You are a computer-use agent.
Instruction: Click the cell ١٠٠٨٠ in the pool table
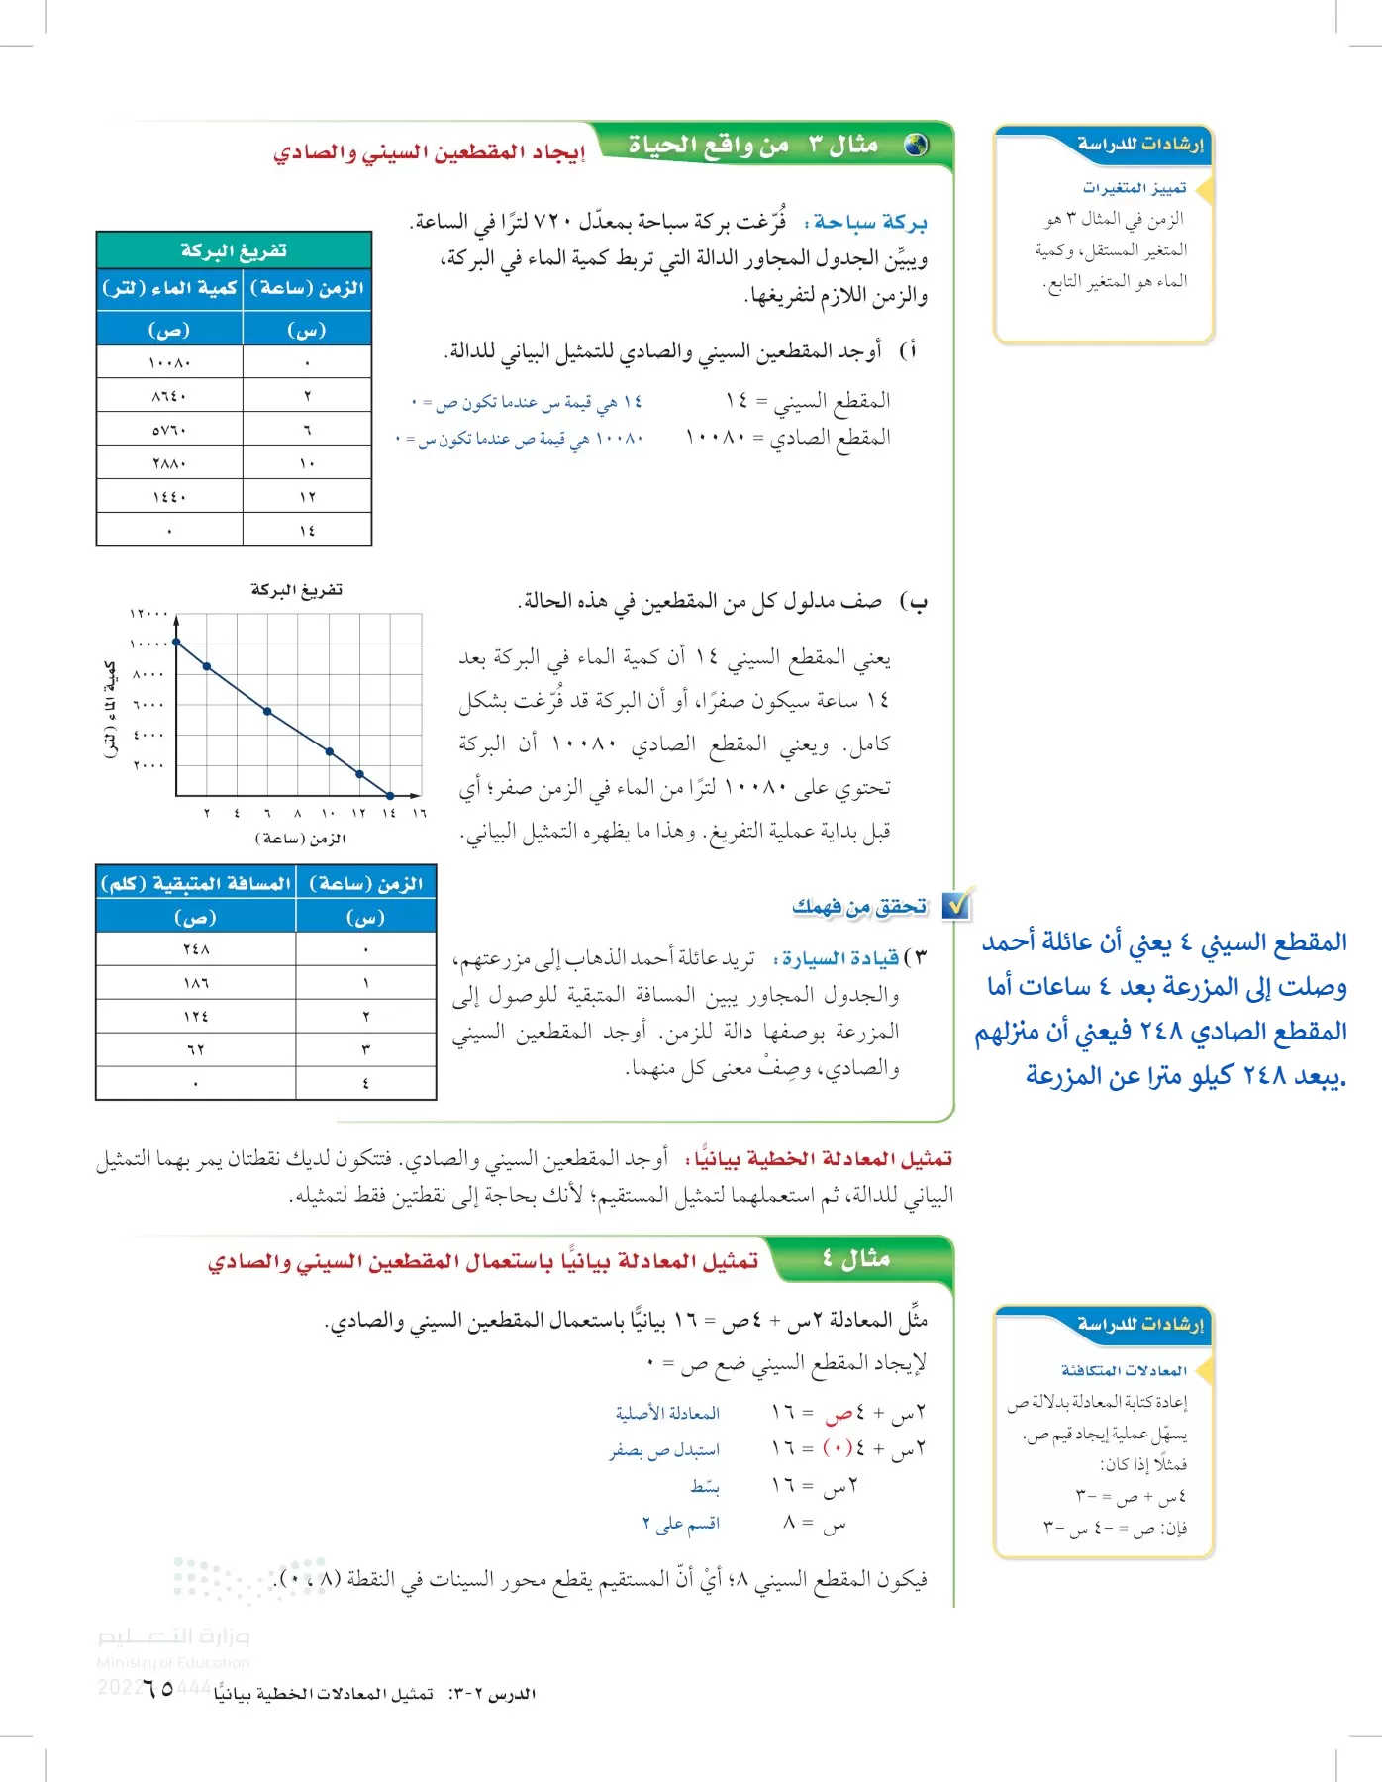coord(169,362)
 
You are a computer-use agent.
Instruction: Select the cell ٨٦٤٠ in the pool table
coord(169,396)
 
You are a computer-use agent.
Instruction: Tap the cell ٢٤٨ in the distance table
coord(195,949)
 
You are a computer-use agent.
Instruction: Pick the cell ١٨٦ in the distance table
coord(195,983)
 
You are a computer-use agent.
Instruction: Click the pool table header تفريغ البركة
coord(234,250)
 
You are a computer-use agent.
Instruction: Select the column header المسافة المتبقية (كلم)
coord(195,883)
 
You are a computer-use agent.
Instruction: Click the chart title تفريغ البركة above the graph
coord(296,590)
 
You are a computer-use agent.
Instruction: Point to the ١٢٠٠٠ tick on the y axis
coord(148,614)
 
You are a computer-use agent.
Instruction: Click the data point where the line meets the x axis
coord(390,795)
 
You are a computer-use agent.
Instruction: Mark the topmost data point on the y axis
coord(176,643)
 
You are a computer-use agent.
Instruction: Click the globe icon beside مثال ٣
coord(917,146)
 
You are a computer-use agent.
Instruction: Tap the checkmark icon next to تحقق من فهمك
coord(957,904)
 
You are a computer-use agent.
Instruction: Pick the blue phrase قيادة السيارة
coord(839,958)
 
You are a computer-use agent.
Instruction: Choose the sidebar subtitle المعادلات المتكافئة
coord(1124,1371)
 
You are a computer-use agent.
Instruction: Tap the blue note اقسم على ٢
coord(680,1524)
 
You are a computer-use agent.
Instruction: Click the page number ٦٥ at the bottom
coord(158,1689)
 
